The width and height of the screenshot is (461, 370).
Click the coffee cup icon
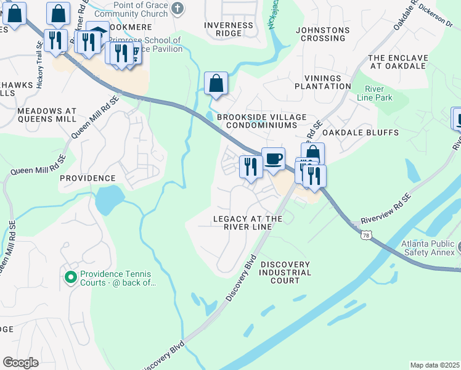tap(273, 159)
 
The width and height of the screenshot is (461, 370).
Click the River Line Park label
tap(374, 94)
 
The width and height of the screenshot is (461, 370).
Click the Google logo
tap(20, 363)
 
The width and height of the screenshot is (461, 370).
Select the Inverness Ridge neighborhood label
tap(229, 30)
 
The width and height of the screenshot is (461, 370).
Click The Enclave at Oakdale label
tap(398, 62)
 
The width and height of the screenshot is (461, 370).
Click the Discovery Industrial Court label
tap(285, 272)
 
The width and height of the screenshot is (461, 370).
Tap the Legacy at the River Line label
tap(248, 223)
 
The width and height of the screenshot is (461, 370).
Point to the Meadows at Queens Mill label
tap(47, 115)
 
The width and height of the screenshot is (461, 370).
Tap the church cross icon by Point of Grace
tap(177, 8)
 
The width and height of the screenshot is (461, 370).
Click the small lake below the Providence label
tap(107, 199)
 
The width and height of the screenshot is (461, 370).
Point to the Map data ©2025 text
tap(434, 365)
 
